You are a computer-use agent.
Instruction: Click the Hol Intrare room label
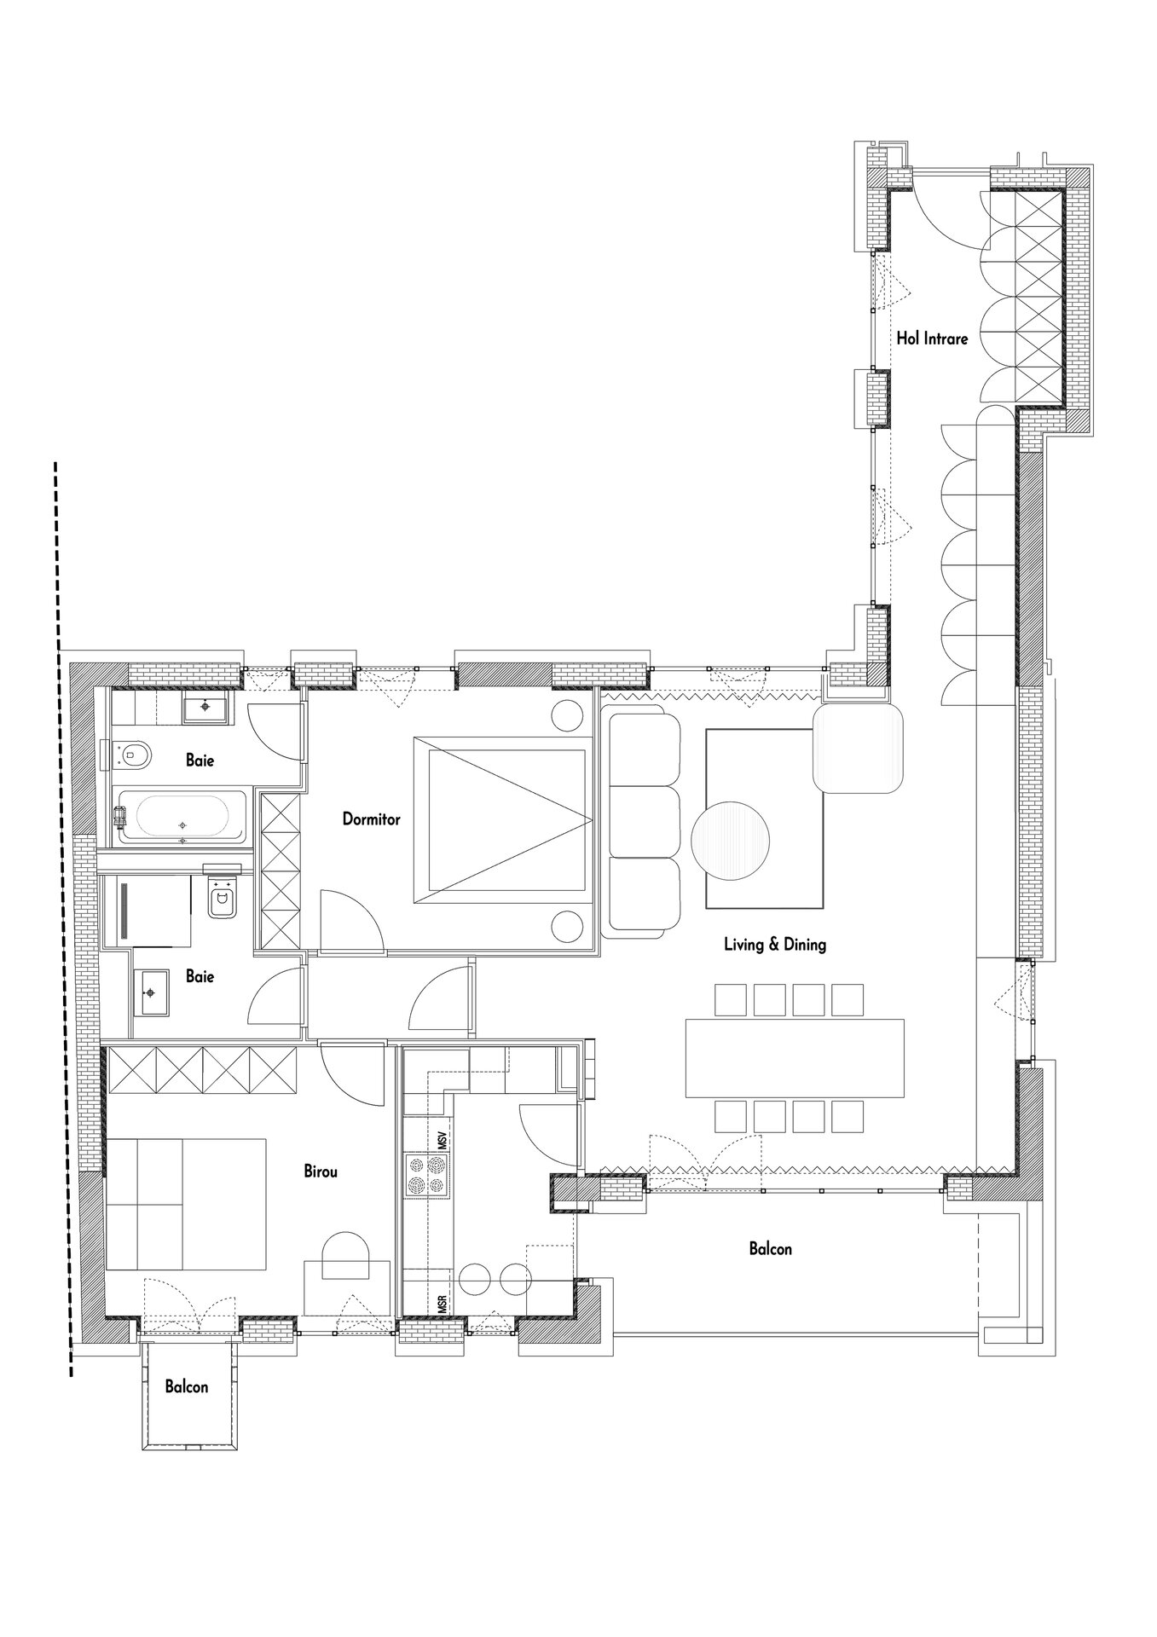pyautogui.click(x=932, y=338)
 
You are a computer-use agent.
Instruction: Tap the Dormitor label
pyautogui.click(x=371, y=819)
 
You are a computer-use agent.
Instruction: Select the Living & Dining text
pyautogui.click(x=775, y=944)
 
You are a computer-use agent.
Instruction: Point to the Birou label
pyautogui.click(x=321, y=1171)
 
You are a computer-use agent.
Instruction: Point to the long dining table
pyautogui.click(x=795, y=1057)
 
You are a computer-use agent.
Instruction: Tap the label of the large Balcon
pyautogui.click(x=770, y=1249)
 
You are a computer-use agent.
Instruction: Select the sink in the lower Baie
pyautogui.click(x=151, y=992)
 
